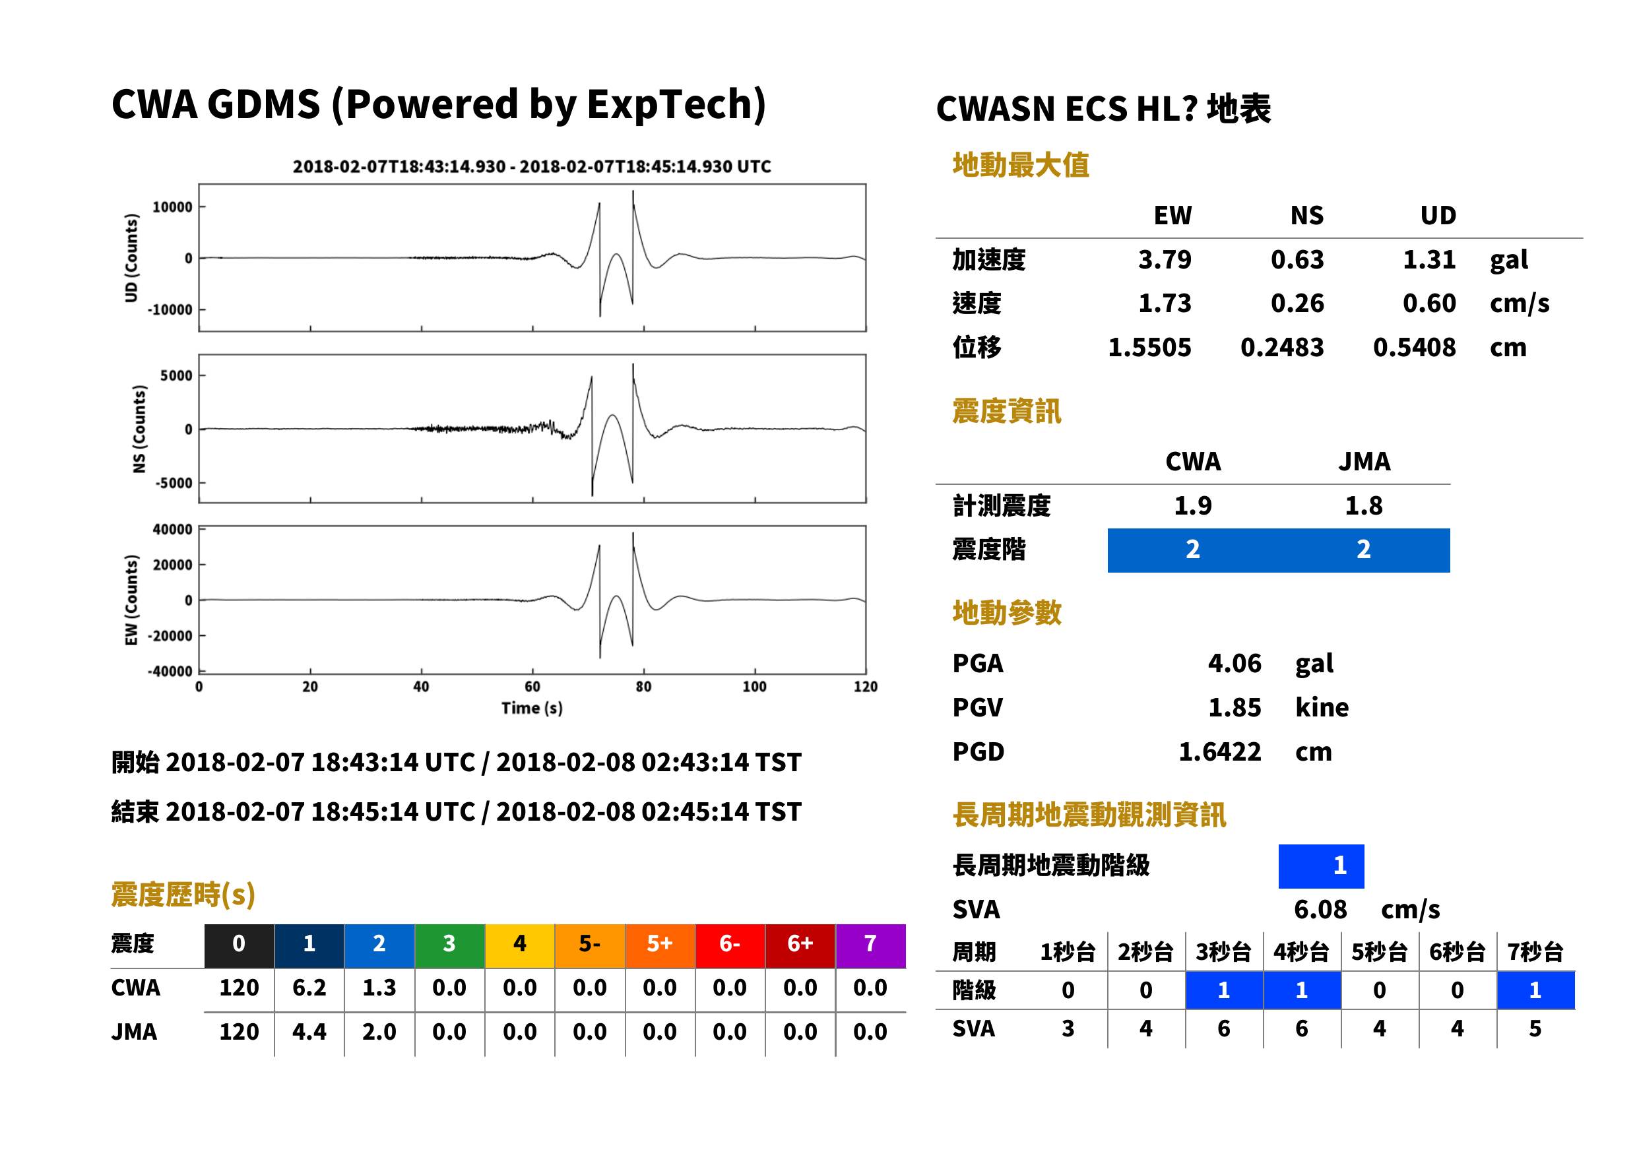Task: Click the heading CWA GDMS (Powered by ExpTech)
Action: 438,105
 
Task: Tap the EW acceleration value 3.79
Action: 1164,259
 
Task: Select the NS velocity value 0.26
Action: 1297,303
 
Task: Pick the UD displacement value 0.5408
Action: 1414,348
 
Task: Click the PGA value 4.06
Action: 1234,663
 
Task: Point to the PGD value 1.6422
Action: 1219,751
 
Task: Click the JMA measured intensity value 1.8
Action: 1363,506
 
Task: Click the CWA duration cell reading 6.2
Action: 309,988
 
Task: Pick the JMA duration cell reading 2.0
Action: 379,1032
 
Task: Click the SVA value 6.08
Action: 1320,909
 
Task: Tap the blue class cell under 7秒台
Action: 1535,990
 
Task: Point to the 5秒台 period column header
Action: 1379,951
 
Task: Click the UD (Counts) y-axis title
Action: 131,258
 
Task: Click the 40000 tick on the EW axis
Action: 173,530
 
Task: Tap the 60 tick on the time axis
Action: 532,687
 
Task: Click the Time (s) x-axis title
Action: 532,709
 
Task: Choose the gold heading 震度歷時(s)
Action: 183,895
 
